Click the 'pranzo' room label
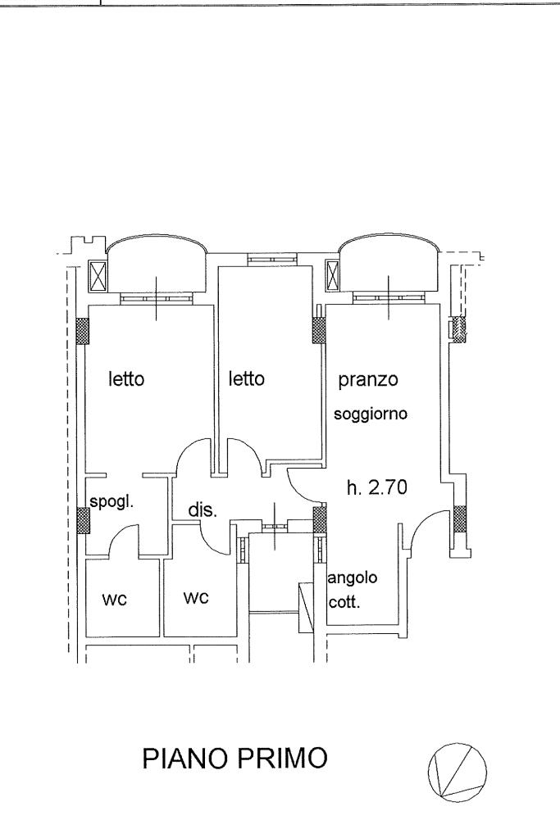(x=368, y=380)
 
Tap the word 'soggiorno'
(x=371, y=414)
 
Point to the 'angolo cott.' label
(x=353, y=587)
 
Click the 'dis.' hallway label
(x=202, y=510)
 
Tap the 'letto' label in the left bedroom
(x=127, y=380)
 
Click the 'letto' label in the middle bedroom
(x=247, y=380)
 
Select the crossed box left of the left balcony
(x=98, y=275)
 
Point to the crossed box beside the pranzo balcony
(x=334, y=275)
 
